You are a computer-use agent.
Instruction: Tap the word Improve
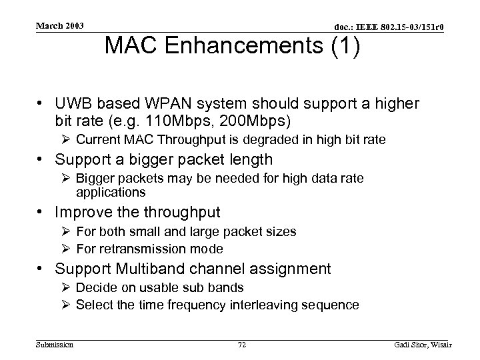[x=85, y=213]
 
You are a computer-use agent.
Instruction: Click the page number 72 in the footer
[x=241, y=344]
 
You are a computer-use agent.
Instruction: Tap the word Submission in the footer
[x=55, y=344]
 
